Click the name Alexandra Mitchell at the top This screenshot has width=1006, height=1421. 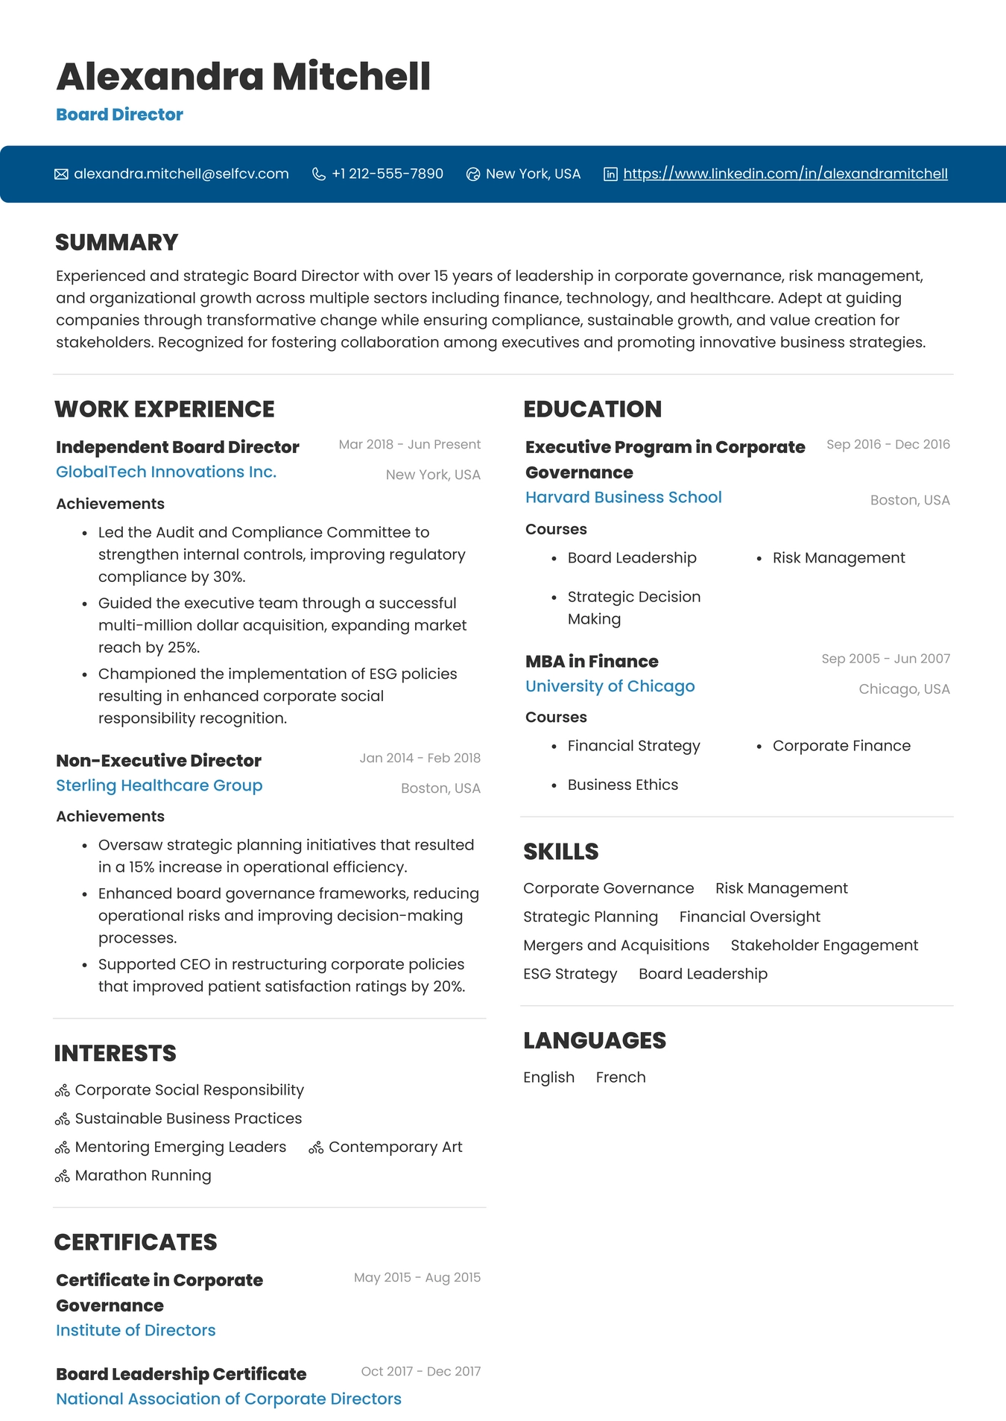tap(243, 77)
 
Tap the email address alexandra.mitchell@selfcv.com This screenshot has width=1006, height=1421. tap(181, 174)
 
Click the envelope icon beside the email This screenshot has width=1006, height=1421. tap(61, 174)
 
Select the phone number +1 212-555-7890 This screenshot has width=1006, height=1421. tap(387, 174)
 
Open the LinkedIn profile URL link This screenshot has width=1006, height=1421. tap(785, 174)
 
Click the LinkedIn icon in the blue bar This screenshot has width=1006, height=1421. tap(610, 174)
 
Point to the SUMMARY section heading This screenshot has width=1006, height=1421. tap(116, 242)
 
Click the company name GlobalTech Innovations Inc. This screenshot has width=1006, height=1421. tap(166, 472)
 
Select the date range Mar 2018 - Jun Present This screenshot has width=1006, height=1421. tap(409, 444)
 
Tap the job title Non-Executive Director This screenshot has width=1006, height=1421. tap(159, 760)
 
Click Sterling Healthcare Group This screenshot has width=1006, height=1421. tap(159, 785)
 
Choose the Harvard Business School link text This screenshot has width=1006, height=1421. tap(623, 497)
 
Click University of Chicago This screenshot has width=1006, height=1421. tap(610, 686)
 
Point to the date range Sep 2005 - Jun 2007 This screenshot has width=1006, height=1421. tap(885, 659)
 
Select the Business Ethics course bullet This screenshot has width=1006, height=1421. tap(622, 785)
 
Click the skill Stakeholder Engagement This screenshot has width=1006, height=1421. tap(823, 945)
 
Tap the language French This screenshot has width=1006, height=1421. tap(620, 1077)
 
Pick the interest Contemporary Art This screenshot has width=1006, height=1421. tap(395, 1147)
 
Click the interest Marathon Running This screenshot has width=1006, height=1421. tap(142, 1175)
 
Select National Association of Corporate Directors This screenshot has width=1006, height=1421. tap(228, 1399)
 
